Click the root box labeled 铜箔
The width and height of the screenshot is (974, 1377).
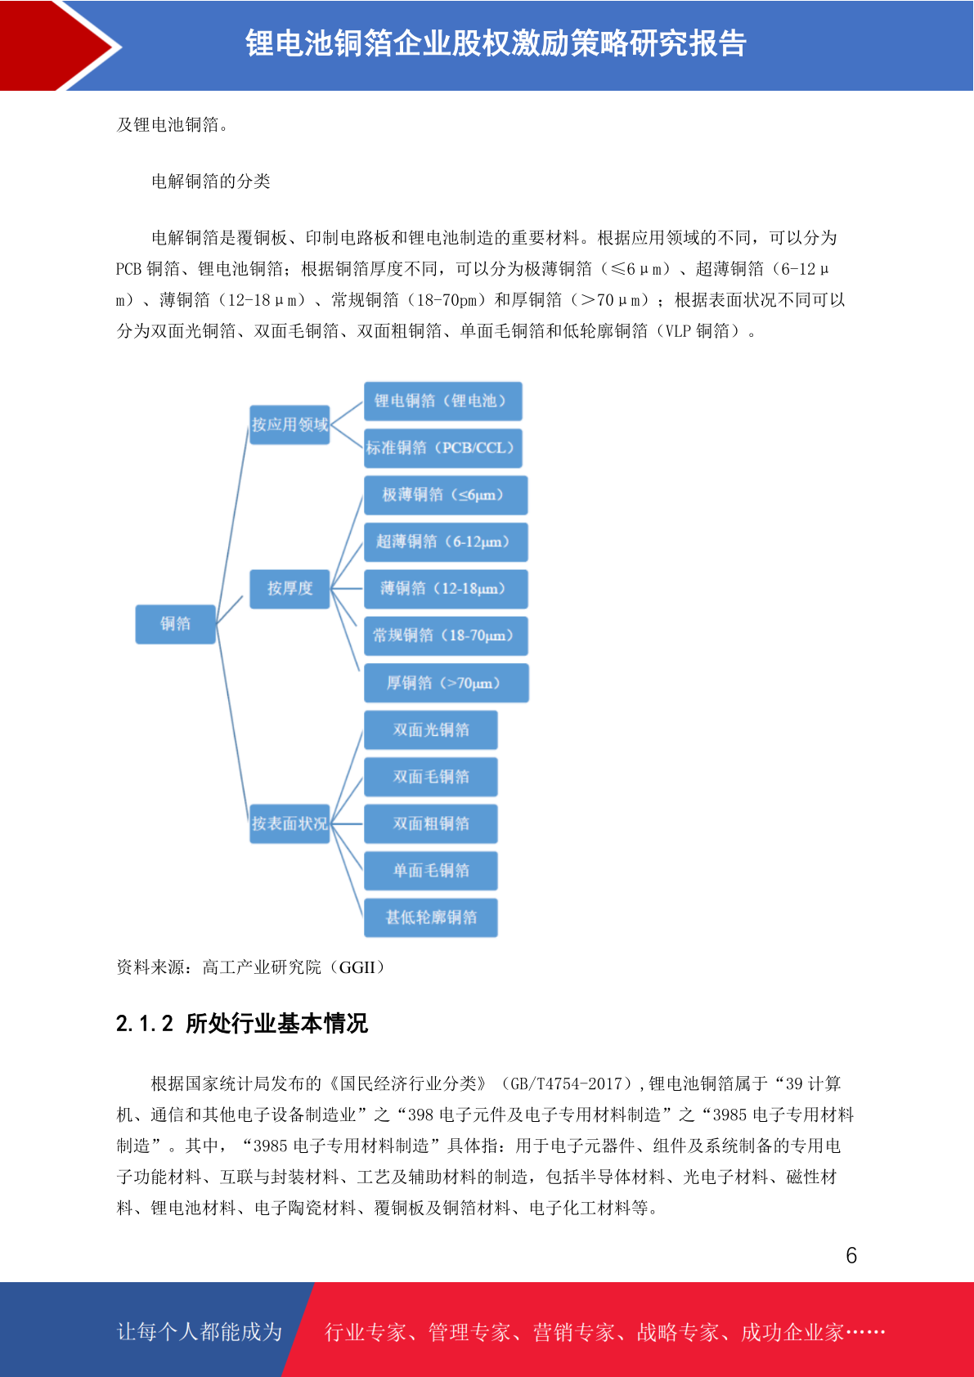175,624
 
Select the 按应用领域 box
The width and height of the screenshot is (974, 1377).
290,424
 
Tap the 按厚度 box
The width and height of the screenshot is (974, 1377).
290,589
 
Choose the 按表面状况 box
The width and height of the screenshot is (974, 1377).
290,823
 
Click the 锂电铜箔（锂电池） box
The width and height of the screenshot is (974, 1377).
443,401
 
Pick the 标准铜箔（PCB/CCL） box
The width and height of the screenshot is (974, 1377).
443,448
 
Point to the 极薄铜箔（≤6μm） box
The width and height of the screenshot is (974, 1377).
446,495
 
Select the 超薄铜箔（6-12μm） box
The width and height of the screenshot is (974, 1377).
446,542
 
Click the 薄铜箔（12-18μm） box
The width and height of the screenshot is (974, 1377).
446,589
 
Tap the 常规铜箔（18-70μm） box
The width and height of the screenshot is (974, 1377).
446,635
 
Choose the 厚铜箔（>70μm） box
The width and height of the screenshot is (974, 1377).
447,683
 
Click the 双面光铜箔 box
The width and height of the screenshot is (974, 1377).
431,729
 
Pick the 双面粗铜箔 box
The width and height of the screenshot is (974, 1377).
431,823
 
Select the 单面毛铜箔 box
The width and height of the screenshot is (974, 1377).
431,871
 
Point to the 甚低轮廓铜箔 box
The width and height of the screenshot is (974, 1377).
431,917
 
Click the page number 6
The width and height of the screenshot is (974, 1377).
851,1255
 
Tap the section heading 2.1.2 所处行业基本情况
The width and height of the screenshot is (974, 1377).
241,1024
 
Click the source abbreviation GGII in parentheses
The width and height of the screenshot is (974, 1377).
357,967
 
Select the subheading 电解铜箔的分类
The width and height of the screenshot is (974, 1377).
211,182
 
